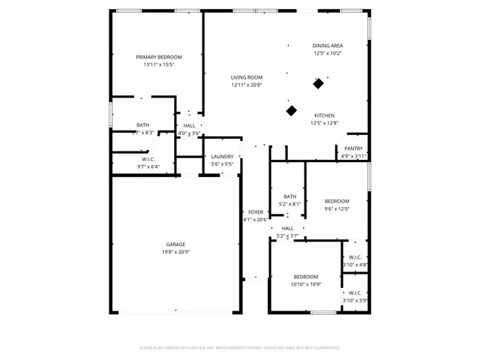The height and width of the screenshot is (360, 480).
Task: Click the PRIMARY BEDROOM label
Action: (x=158, y=57)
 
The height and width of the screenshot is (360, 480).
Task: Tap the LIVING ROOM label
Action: (x=246, y=77)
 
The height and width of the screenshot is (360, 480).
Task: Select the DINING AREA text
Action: (x=328, y=46)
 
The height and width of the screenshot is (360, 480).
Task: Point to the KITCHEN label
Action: (x=324, y=115)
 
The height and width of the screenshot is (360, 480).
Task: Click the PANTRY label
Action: (x=353, y=148)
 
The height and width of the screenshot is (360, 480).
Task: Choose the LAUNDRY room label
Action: (x=222, y=156)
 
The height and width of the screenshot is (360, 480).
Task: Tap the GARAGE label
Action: (x=175, y=244)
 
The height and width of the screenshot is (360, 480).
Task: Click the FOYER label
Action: (x=256, y=212)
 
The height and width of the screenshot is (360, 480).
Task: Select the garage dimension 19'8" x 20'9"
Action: (x=175, y=252)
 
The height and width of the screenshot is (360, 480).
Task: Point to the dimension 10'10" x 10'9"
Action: (x=306, y=284)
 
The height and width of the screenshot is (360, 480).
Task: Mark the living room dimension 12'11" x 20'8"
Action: (x=246, y=85)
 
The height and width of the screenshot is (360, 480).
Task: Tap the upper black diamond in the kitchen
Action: (x=319, y=84)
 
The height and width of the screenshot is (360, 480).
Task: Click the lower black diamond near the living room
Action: (x=292, y=111)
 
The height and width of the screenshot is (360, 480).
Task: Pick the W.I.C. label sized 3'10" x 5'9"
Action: (x=355, y=292)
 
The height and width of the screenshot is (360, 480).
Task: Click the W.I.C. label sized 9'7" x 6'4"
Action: (x=148, y=159)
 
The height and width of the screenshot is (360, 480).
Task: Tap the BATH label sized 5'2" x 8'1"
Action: (x=289, y=196)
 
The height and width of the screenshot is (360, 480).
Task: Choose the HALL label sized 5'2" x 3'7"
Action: (x=288, y=229)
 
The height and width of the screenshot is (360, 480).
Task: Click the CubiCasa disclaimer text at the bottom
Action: (x=240, y=348)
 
